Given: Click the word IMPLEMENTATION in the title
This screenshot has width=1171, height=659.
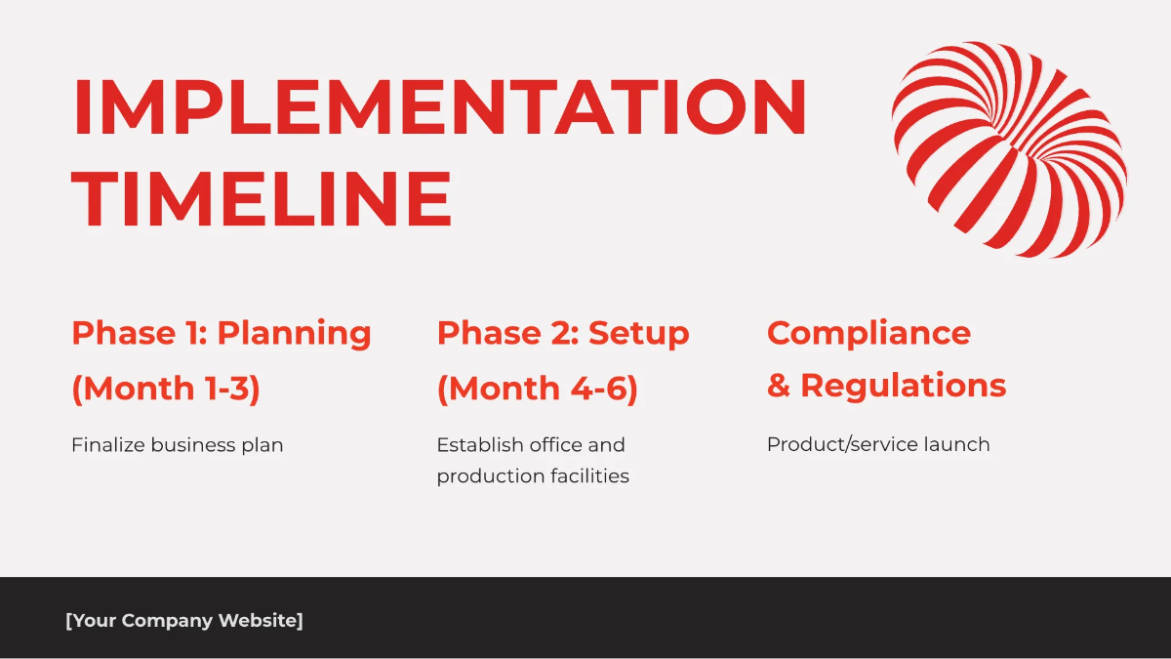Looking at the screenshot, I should pos(439,107).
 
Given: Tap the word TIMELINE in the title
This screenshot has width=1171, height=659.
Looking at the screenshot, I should pos(262,199).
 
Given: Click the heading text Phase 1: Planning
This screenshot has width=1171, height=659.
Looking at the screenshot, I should pos(222,333).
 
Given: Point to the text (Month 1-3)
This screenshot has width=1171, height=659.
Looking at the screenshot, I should pos(166,389).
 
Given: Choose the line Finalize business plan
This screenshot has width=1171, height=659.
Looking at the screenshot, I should pos(177,445).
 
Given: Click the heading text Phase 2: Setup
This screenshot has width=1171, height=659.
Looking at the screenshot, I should pos(563,333).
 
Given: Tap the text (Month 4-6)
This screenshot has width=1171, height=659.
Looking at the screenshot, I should pos(537,389).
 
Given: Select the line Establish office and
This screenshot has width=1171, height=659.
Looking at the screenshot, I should pos(530,445).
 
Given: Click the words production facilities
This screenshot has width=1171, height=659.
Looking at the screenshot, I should pos(533,476).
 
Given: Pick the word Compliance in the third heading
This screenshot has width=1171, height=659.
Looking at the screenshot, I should pos(868,333).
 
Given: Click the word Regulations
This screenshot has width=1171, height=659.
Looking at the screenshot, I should pos(903,386).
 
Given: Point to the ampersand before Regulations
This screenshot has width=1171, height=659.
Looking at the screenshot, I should pos(778,386).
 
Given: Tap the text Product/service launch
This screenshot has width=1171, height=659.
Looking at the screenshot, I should pos(878,445).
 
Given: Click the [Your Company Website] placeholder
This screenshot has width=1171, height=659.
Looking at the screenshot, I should pos(184,621).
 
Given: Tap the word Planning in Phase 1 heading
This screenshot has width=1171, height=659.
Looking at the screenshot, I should pos(294,333).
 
